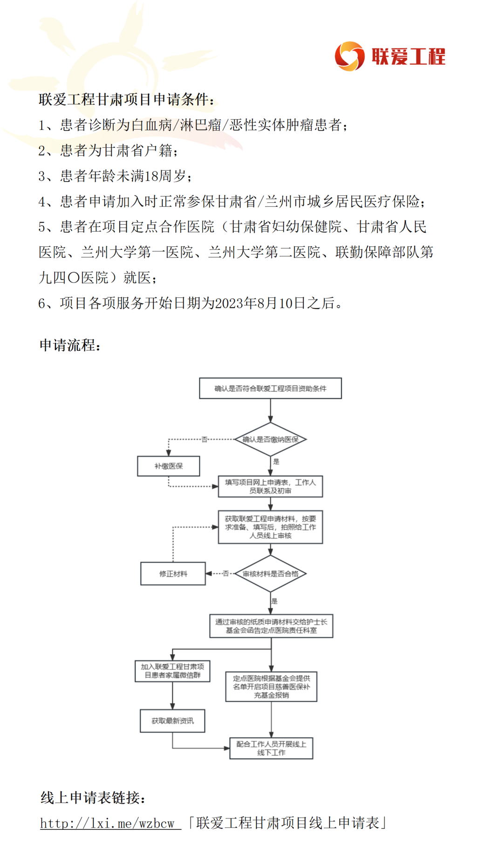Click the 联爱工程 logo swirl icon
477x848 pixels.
(x=349, y=56)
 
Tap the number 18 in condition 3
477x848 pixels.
(x=152, y=176)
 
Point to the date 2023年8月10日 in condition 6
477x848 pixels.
(x=260, y=303)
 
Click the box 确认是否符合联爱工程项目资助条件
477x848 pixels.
(x=270, y=388)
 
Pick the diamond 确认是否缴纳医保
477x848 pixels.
(x=270, y=439)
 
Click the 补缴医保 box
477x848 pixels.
(x=169, y=466)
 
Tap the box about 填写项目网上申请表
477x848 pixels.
(x=270, y=486)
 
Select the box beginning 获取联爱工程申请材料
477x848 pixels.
(x=270, y=527)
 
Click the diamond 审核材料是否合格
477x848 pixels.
(x=270, y=574)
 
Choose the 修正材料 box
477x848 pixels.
(x=173, y=574)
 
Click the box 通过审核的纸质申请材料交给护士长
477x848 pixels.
(x=271, y=626)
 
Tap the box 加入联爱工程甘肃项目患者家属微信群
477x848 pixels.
(x=172, y=671)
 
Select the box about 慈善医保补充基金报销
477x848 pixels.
(x=271, y=686)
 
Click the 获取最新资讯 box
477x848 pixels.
(x=172, y=721)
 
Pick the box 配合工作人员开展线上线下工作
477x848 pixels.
(x=271, y=748)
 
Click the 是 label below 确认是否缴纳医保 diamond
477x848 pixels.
(x=276, y=462)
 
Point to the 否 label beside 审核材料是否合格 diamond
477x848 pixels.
(x=226, y=574)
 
